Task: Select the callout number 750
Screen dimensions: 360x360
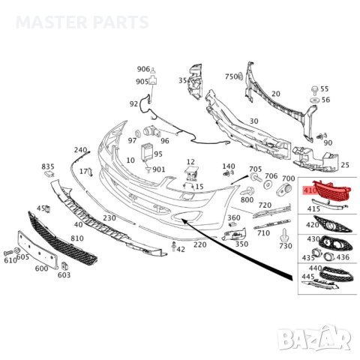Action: pos(230,76)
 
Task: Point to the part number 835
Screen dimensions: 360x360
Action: pos(48,166)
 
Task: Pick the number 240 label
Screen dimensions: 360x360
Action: pos(81,150)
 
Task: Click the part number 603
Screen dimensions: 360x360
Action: pos(64,275)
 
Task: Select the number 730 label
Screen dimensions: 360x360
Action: pos(285,245)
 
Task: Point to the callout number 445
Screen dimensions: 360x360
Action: pos(308,277)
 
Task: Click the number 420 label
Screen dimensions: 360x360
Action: pos(311,223)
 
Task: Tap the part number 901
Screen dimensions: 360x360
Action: pos(158,169)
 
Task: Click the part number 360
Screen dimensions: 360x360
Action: pos(234,218)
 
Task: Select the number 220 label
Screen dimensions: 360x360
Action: pos(199,244)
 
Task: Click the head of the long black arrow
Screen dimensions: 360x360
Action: pos(183,220)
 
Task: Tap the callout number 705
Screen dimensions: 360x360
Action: pos(255,169)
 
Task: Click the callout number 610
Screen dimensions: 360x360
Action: pos(10,259)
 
